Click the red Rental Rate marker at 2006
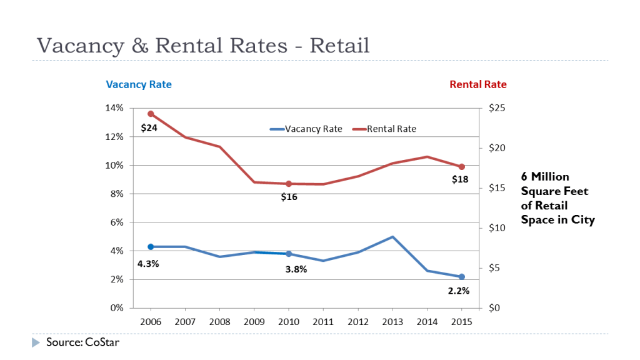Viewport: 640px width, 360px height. click(x=151, y=114)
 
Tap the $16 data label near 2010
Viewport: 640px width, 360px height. click(x=289, y=197)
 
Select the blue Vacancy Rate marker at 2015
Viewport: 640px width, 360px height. click(x=461, y=276)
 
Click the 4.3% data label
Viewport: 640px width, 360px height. click(x=148, y=264)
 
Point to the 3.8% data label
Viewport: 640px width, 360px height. click(x=296, y=270)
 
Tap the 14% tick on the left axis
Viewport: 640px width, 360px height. click(x=114, y=108)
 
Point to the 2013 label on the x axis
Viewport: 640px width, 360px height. click(x=392, y=321)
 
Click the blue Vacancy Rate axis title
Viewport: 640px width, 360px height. click(x=139, y=84)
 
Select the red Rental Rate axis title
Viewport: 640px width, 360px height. click(x=478, y=84)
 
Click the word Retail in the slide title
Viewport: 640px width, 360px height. click(x=340, y=45)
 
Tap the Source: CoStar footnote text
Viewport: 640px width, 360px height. click(x=82, y=342)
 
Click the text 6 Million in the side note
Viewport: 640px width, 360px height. click(x=545, y=177)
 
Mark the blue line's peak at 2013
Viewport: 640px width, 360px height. click(x=392, y=237)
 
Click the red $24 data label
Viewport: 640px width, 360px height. click(x=149, y=127)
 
